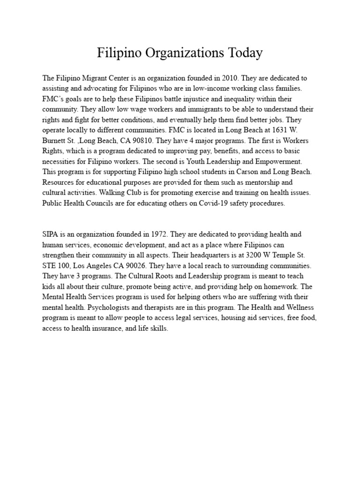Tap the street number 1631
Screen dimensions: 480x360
coord(280,130)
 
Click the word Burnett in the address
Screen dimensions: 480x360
coord(54,141)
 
